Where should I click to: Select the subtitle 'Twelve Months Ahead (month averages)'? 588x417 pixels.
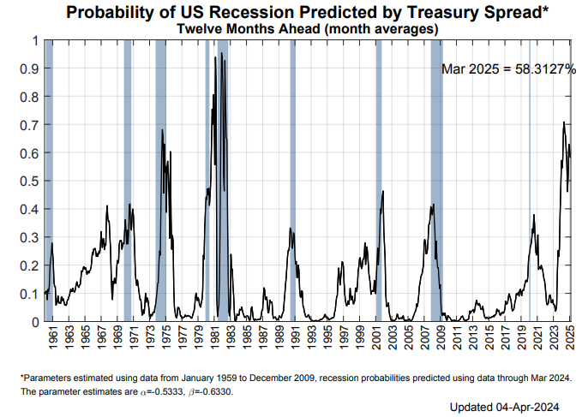308,28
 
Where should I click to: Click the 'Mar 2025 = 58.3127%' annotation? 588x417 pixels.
508,69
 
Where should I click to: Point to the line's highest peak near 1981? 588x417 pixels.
222,53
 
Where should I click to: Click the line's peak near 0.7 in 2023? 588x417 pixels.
563,122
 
